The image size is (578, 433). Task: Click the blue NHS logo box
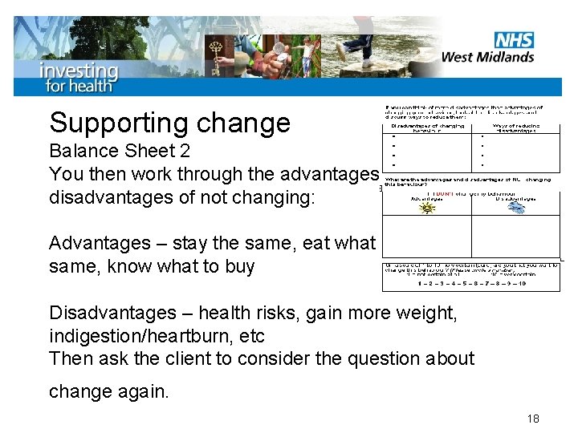pos(514,39)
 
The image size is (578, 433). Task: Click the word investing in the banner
pos(79,70)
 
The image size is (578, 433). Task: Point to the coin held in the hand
pos(278,49)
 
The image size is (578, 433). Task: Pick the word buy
pos(238,266)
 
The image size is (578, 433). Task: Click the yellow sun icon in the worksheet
pos(428,208)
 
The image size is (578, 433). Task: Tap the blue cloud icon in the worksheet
pos(518,208)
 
